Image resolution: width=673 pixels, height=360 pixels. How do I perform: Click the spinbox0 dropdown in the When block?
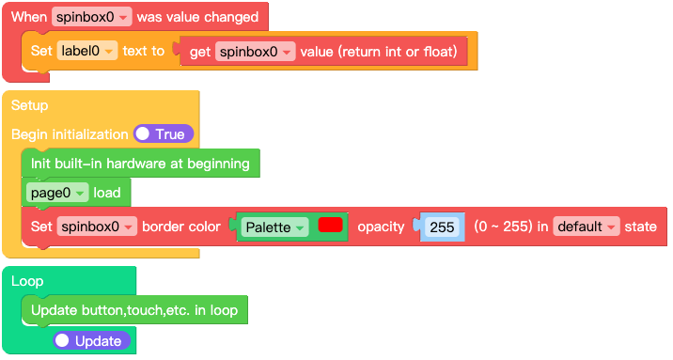pos(91,18)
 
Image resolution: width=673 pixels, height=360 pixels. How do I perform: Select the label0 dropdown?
pos(86,52)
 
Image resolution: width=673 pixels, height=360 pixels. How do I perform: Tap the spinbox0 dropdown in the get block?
pos(255,52)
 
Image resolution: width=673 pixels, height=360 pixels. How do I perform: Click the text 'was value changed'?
pos(197,18)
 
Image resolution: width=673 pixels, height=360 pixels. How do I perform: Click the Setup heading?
pos(29,105)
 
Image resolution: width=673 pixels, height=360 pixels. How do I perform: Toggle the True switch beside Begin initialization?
pos(163,134)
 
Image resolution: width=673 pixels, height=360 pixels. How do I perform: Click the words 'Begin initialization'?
pos(70,134)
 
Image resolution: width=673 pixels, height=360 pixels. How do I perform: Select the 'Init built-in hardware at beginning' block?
pos(139,164)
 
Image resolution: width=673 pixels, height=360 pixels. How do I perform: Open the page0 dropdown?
pos(58,193)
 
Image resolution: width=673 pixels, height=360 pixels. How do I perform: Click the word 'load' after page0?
pos(106,193)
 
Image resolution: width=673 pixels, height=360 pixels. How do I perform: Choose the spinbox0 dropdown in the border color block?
pos(97,227)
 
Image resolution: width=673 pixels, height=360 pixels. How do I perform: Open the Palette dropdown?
pos(274,227)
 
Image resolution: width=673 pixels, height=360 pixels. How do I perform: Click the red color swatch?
pos(330,226)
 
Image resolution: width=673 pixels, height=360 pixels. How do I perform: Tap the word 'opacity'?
pos(381,227)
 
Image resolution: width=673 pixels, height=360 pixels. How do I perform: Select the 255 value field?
pos(442,227)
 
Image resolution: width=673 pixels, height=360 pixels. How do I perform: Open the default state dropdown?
pos(587,227)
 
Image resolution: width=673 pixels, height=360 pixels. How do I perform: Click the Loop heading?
pos(27,281)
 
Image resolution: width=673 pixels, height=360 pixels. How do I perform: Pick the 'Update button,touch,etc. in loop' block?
pos(133,310)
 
